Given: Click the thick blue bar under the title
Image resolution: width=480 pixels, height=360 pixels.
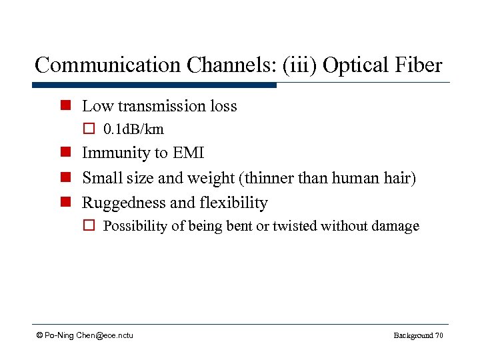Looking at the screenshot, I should (x=154, y=85).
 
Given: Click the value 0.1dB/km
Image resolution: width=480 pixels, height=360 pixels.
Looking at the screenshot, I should (x=133, y=129).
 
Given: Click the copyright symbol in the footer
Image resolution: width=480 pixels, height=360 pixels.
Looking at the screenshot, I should (x=41, y=335).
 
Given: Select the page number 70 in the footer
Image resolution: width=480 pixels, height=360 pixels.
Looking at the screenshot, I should (x=438, y=335).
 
